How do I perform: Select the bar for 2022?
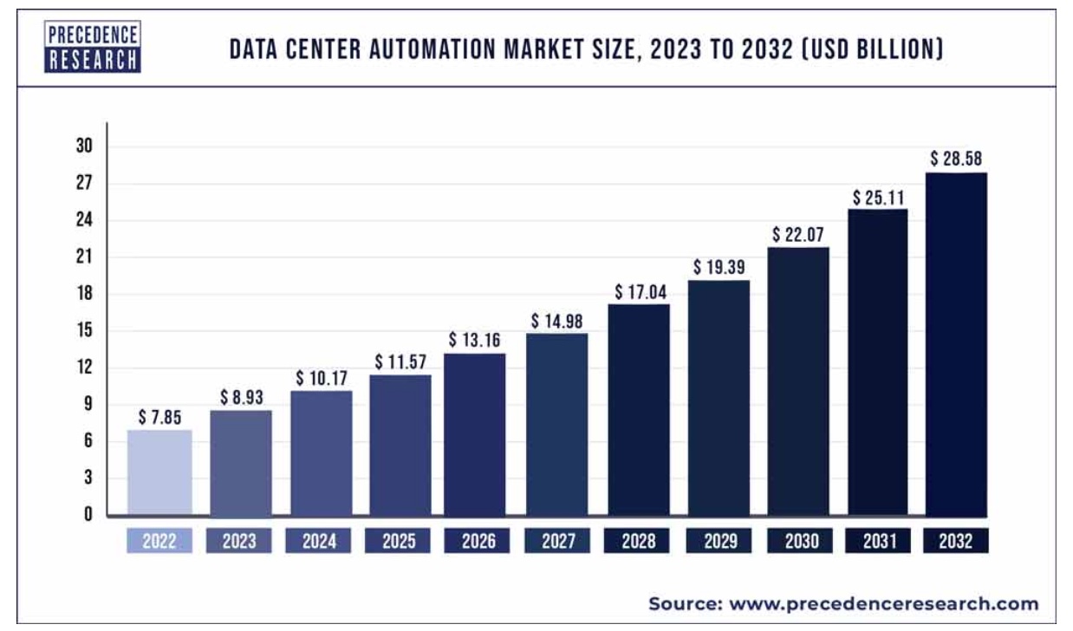(x=159, y=472)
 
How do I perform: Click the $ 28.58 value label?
(x=956, y=159)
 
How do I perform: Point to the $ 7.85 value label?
(x=159, y=417)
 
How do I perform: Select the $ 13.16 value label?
(x=475, y=340)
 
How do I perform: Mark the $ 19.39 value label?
(x=719, y=267)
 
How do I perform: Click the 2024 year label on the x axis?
(x=320, y=542)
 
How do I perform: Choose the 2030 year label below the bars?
(x=801, y=542)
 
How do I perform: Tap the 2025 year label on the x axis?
(x=400, y=542)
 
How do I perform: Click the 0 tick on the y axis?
(x=88, y=514)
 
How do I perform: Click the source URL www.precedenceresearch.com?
(x=884, y=603)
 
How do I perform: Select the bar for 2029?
(x=719, y=398)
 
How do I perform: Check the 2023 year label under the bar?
(x=239, y=542)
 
